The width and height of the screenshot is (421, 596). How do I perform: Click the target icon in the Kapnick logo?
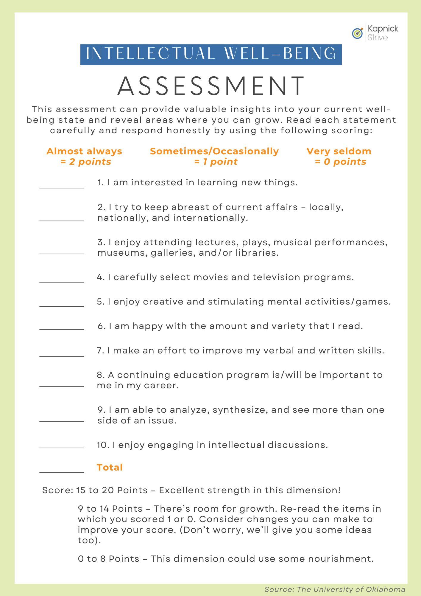(x=358, y=33)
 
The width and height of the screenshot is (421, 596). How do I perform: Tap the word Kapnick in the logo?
(x=383, y=29)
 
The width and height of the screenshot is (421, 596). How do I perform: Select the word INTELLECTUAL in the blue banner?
(x=150, y=54)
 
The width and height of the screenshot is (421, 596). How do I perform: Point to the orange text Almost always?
(x=84, y=151)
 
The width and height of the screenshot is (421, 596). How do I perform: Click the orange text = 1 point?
(x=216, y=162)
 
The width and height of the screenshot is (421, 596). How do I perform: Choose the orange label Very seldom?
(x=339, y=151)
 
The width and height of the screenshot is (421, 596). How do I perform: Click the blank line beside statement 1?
(x=62, y=187)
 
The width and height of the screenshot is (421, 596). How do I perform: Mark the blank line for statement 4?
(x=62, y=282)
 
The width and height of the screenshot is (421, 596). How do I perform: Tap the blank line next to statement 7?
(x=62, y=356)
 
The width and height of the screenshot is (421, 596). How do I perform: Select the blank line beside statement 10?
(x=62, y=447)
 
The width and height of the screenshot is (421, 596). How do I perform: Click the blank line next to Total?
(x=62, y=472)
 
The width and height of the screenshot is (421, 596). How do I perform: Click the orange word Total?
(x=110, y=467)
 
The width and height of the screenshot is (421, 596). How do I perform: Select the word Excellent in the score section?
(x=181, y=490)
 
